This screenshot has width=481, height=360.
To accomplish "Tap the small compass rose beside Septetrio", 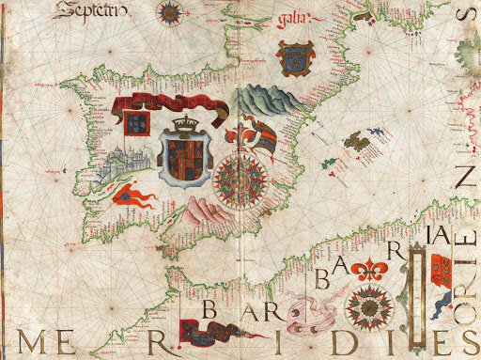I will point(171,11).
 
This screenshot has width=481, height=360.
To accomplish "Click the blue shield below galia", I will point(292,55).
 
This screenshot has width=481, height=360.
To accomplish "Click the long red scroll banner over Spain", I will point(169,107).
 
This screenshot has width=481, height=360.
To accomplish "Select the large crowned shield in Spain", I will point(185,156).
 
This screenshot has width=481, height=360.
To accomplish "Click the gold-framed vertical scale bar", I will point(413,294).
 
